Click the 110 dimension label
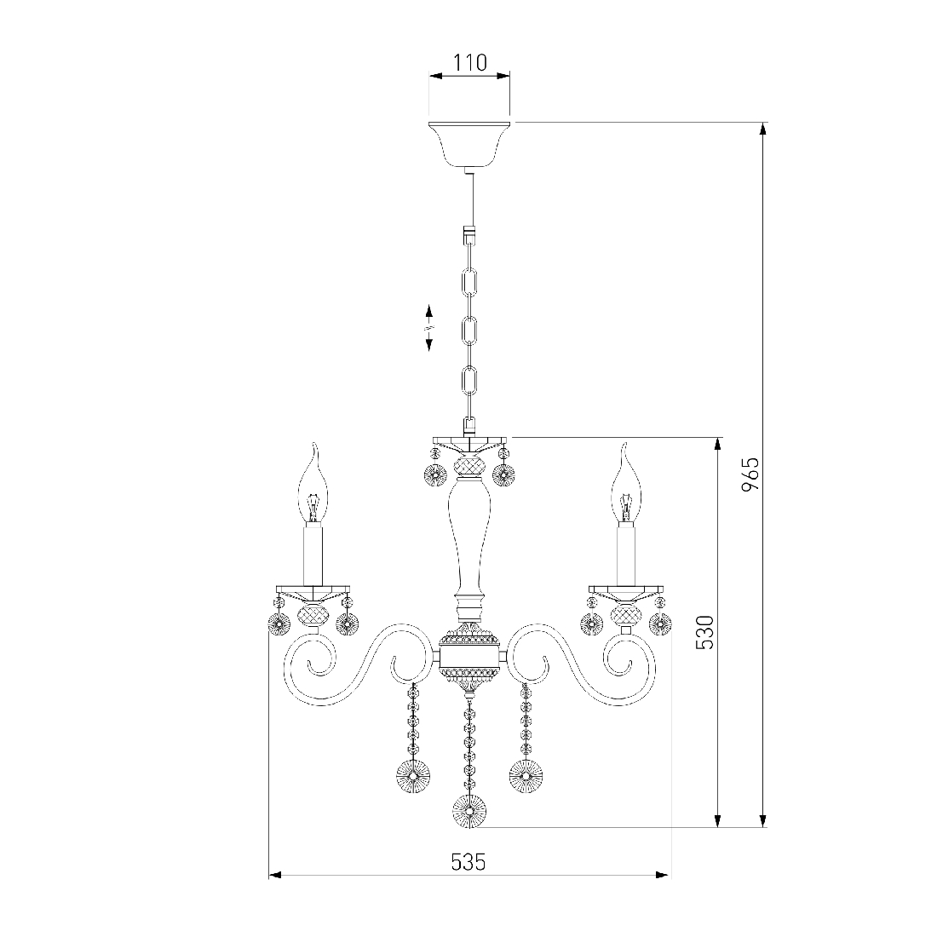click(469, 62)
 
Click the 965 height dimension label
click(750, 474)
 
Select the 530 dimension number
click(705, 632)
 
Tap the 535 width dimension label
click(468, 862)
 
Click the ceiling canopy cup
click(469, 144)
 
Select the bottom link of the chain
click(469, 381)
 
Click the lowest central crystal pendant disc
click(469, 812)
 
